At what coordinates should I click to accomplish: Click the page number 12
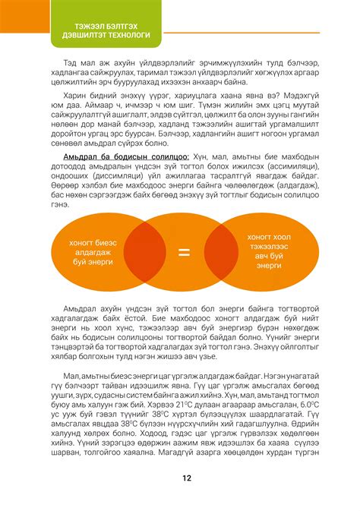point(187,478)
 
